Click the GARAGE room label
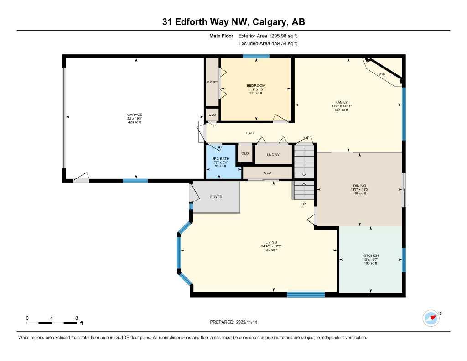(135, 115)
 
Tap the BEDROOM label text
(256, 85)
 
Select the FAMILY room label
(342, 102)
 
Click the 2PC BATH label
(221, 158)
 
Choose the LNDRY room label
(273, 155)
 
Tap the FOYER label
(216, 197)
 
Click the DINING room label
(359, 186)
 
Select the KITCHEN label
(370, 256)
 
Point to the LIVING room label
(271, 242)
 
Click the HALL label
(250, 133)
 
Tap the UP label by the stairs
(304, 204)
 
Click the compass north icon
(431, 318)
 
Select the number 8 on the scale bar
(77, 318)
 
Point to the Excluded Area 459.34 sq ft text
(268, 44)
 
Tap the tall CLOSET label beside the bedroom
(212, 82)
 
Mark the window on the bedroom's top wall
(255, 56)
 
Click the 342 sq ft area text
(271, 250)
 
